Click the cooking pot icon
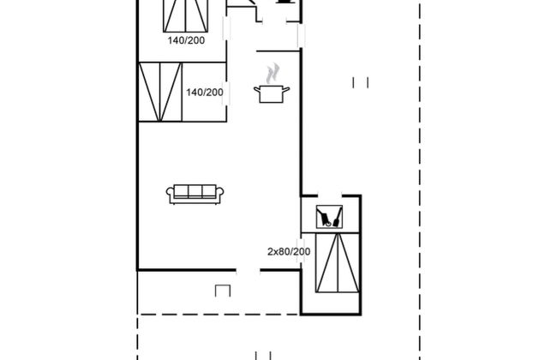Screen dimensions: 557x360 [272, 93]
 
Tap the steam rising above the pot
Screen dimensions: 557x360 [273, 73]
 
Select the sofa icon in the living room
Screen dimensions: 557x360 [195, 194]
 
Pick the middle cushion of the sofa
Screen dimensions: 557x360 [195, 191]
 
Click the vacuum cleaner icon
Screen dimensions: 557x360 [329, 217]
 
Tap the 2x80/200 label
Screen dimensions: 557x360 [289, 252]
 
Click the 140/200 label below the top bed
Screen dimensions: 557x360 [187, 40]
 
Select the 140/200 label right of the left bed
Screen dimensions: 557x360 [205, 93]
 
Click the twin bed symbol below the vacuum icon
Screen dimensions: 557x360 [338, 262]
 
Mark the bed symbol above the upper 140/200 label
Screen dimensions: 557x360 [185, 16]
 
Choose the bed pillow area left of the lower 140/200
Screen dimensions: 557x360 [160, 92]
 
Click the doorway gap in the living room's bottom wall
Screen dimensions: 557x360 [248, 271]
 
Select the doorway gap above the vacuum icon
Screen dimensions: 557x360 [329, 195]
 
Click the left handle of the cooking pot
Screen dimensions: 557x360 [257, 89]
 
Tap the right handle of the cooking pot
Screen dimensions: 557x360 [286, 89]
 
